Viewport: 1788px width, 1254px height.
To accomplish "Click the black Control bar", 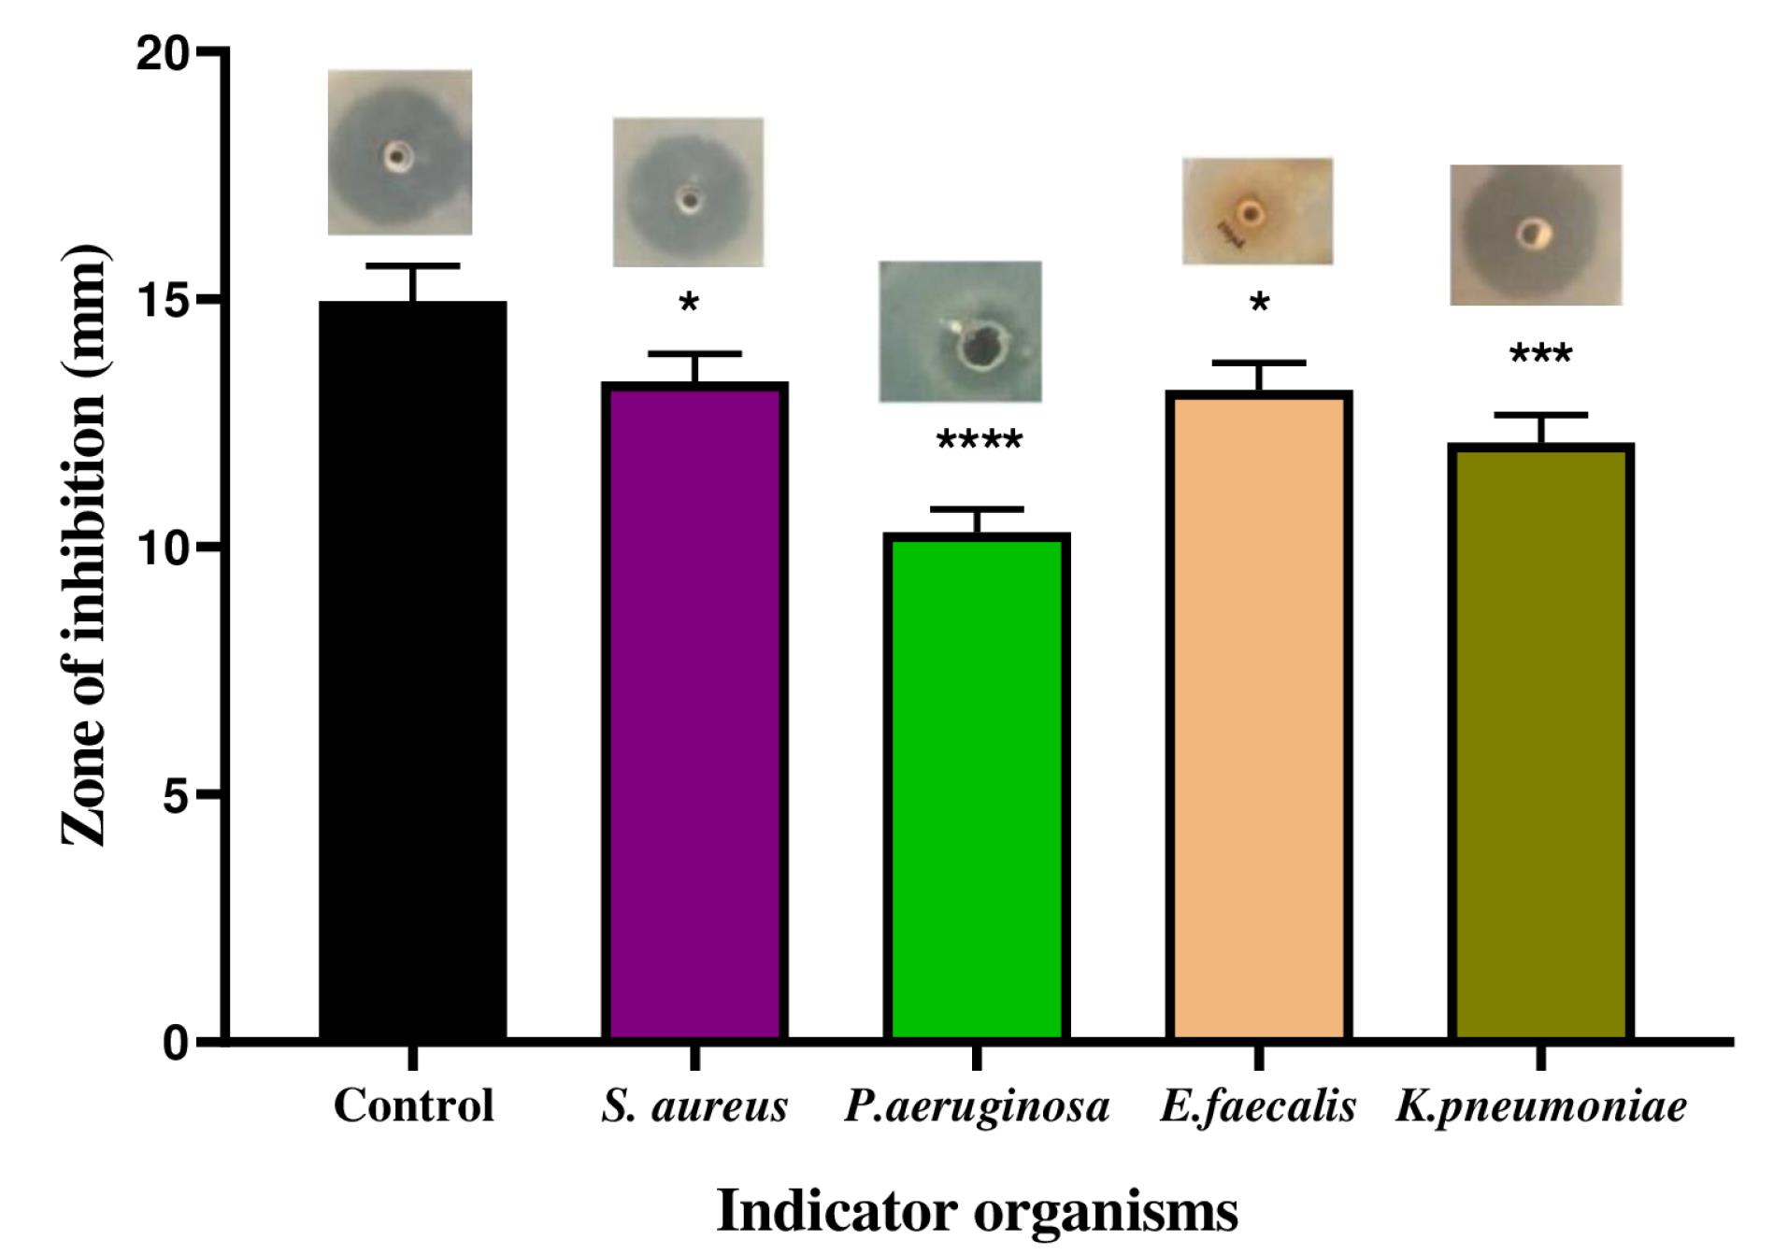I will click(412, 668).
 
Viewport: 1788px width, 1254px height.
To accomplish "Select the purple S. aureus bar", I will click(694, 710).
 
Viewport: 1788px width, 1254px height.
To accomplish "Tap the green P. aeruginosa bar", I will click(977, 785).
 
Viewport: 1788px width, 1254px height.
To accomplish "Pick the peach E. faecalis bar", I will click(1258, 715).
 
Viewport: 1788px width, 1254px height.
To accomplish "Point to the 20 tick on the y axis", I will click(164, 54).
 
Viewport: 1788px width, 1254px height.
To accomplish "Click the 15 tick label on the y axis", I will click(164, 301).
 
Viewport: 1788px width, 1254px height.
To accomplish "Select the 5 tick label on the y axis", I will click(176, 795).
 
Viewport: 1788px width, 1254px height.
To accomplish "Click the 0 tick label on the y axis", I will click(176, 1041).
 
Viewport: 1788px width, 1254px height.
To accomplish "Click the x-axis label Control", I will click(413, 1105).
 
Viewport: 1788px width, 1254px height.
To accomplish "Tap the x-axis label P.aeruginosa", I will click(977, 1107).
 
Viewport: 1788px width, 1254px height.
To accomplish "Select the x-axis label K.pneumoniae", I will click(1541, 1107).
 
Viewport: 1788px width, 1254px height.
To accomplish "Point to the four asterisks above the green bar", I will click(979, 440).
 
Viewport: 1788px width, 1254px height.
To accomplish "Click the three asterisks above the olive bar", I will click(1540, 354).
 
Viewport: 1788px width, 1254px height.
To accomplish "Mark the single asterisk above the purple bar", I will click(689, 303).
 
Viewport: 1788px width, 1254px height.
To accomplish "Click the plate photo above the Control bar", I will click(399, 151).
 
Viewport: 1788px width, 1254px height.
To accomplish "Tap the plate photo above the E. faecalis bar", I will click(1257, 211).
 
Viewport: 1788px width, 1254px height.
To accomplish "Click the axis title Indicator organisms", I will click(977, 1211).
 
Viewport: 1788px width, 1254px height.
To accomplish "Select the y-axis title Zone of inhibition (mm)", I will click(84, 547).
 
